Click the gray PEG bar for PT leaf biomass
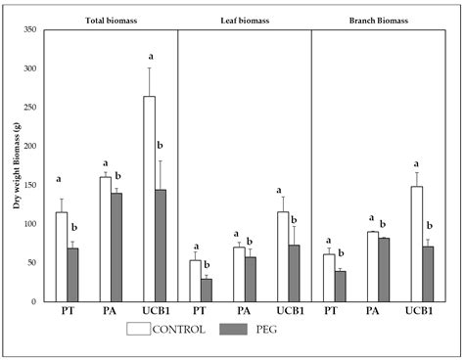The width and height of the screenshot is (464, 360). pos(206,290)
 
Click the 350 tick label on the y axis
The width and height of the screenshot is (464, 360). pos(28,30)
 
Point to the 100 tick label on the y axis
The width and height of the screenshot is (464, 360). pos(28,224)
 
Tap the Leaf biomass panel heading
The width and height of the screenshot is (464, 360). pos(244,19)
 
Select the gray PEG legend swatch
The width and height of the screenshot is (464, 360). pos(239,330)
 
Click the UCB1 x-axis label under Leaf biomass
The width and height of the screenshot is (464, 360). pos(290,311)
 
